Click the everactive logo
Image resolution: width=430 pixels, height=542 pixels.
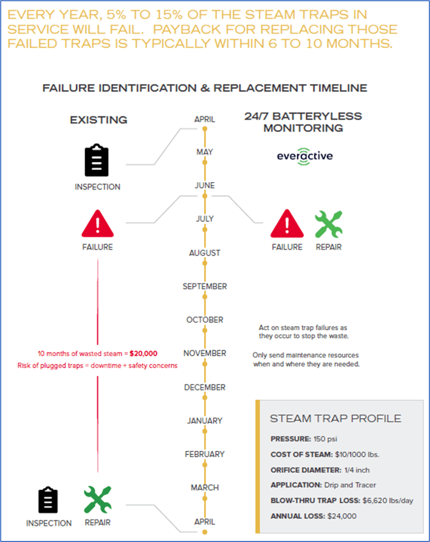(305, 156)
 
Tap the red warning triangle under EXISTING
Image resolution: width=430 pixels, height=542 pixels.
(97, 224)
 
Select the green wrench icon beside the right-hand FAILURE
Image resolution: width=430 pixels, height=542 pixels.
(328, 224)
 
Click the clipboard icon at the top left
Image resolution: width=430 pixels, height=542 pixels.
(97, 160)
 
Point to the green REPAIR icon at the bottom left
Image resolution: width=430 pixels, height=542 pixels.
(98, 499)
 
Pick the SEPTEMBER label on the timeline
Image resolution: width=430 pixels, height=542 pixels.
(205, 286)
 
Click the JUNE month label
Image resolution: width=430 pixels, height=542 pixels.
(205, 185)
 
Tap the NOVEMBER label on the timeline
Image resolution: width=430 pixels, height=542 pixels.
(205, 353)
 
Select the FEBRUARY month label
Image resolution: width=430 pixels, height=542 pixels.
(205, 454)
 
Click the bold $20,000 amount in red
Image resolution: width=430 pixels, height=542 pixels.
(143, 353)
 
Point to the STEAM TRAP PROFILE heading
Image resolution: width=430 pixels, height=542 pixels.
(335, 418)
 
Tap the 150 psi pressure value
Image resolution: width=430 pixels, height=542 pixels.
(325, 439)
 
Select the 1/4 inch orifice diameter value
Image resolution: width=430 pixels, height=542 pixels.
(357, 470)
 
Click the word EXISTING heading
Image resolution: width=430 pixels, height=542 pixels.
(99, 120)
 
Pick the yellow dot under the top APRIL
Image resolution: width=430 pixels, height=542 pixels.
(205, 129)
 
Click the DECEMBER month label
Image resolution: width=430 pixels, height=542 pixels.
(205, 387)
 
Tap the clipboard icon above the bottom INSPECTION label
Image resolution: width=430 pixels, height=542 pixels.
(48, 500)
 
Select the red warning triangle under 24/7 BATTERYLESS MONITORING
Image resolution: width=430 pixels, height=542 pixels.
(287, 224)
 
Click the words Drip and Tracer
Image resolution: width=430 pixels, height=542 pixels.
(350, 485)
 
